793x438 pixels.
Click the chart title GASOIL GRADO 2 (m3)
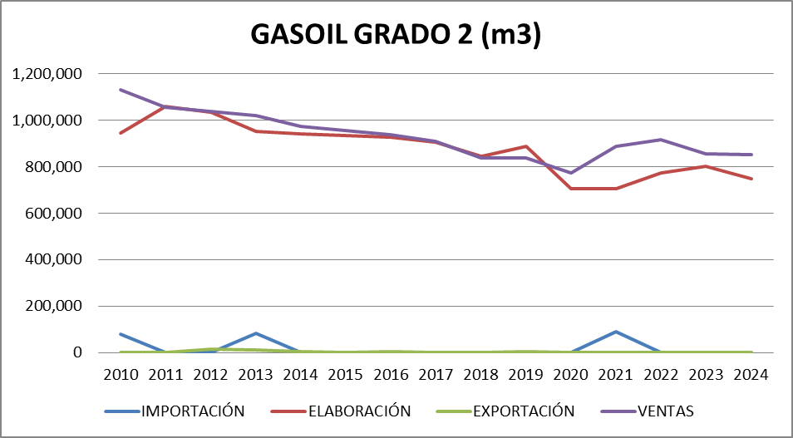coord(396,36)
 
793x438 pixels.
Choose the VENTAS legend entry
coord(665,411)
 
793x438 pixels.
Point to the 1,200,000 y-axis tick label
coord(48,74)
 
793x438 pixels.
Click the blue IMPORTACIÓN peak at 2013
coord(256,333)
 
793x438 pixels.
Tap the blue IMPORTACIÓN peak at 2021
coord(616,332)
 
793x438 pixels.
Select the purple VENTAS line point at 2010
coord(121,90)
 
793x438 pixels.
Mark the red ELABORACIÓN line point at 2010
coord(121,133)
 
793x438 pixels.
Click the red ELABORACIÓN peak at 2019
coord(526,146)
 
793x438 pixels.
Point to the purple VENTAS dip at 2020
coord(571,173)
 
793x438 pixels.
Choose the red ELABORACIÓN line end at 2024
coord(751,179)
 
